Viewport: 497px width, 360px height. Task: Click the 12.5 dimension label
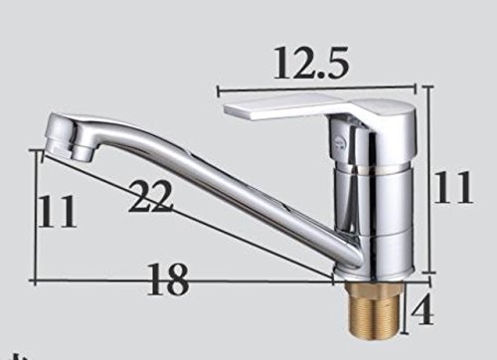(x=311, y=63)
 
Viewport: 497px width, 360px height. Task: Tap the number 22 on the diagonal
(x=151, y=197)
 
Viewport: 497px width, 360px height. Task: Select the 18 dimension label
(x=168, y=279)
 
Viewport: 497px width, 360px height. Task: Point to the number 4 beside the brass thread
(x=421, y=310)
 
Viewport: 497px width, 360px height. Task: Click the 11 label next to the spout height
(x=57, y=211)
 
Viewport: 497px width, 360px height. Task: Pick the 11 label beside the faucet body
(x=453, y=187)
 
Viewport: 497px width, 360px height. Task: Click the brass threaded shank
(x=374, y=305)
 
